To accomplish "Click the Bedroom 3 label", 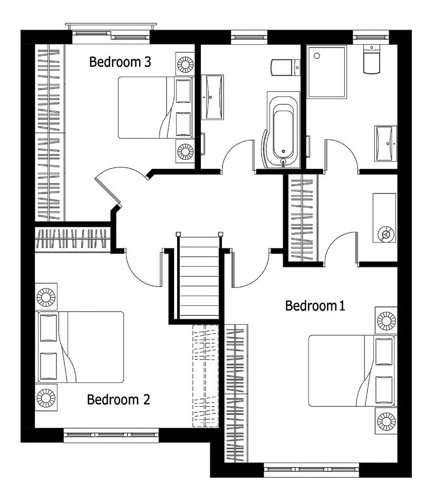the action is (120, 62).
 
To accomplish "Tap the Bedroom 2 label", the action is (119, 400).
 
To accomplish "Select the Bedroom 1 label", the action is (315, 306).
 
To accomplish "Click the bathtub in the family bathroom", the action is (283, 130).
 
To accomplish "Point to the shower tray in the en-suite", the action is (327, 72).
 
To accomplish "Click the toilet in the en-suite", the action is (371, 59).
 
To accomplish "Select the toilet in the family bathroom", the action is (285, 67).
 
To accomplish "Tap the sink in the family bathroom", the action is (212, 97).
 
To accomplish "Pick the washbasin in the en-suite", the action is (385, 143).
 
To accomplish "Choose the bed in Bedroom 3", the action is (156, 108).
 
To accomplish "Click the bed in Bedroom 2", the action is (80, 347).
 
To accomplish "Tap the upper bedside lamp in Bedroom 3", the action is (185, 64).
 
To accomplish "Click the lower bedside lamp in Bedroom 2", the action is (46, 398).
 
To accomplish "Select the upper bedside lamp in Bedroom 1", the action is (387, 321).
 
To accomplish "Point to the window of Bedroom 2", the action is (111, 435).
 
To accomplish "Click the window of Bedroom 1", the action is (312, 470).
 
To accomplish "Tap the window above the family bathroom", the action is (249, 37).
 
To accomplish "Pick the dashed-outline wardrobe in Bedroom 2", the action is (206, 375).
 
